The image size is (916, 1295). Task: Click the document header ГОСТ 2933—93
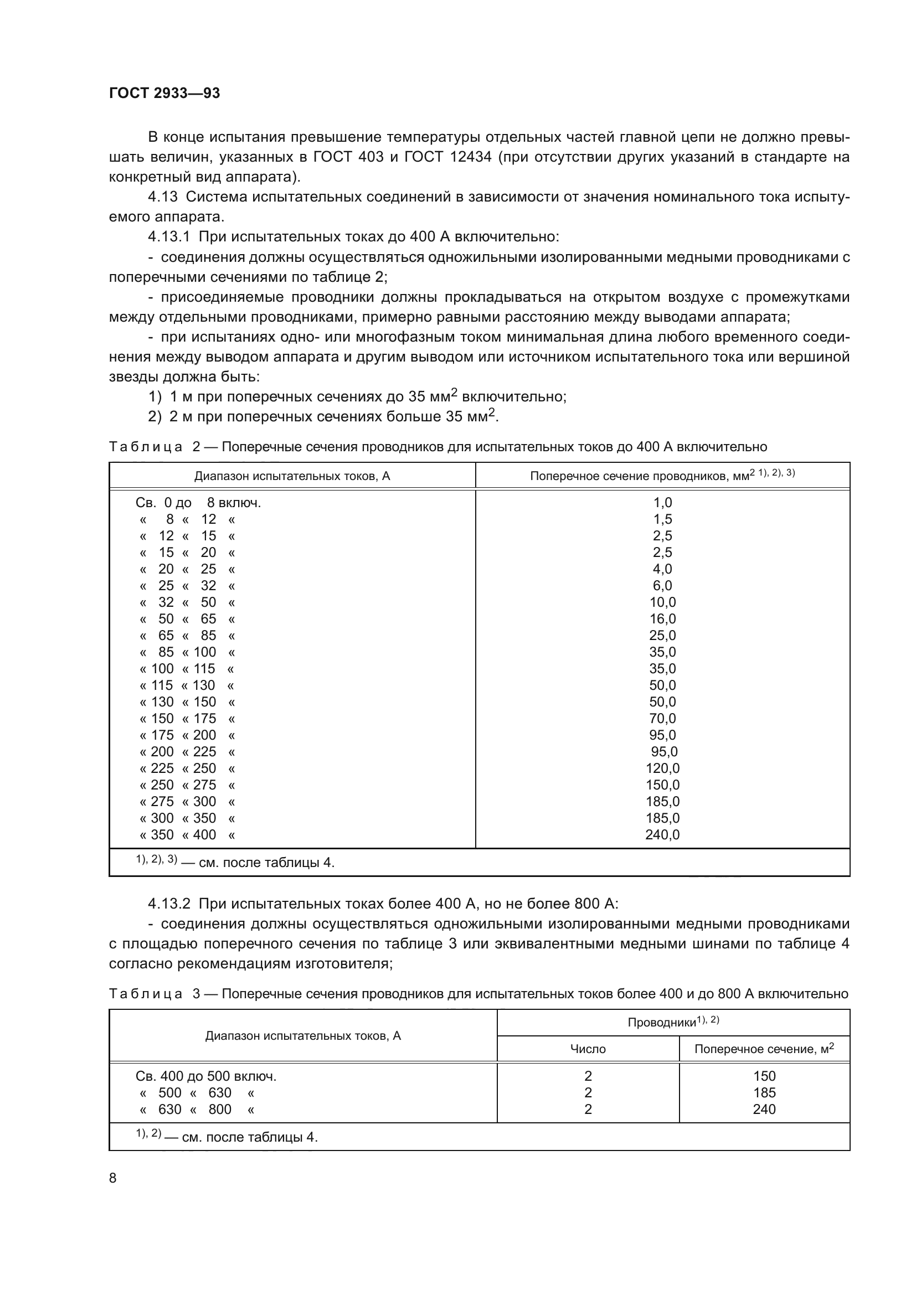point(164,93)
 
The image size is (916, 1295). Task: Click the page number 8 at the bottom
point(113,1178)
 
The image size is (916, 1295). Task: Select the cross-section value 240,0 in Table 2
point(662,835)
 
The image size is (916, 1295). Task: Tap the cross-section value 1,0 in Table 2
point(662,503)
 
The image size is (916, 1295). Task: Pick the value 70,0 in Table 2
point(662,719)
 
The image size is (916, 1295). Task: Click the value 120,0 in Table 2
point(662,768)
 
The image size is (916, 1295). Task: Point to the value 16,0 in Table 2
point(662,619)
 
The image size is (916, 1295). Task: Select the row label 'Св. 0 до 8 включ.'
point(198,503)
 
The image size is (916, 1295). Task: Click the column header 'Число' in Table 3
point(588,1049)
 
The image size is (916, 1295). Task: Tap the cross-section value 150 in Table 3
point(764,1076)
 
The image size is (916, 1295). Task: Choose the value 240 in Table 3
point(764,1110)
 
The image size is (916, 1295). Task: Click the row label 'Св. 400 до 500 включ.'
point(206,1076)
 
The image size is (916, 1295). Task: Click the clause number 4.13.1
point(170,237)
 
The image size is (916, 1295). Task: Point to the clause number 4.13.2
point(170,904)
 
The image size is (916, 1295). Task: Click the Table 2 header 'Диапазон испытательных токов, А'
point(292,476)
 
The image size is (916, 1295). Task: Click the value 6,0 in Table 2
point(662,585)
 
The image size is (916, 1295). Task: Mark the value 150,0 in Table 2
point(662,785)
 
